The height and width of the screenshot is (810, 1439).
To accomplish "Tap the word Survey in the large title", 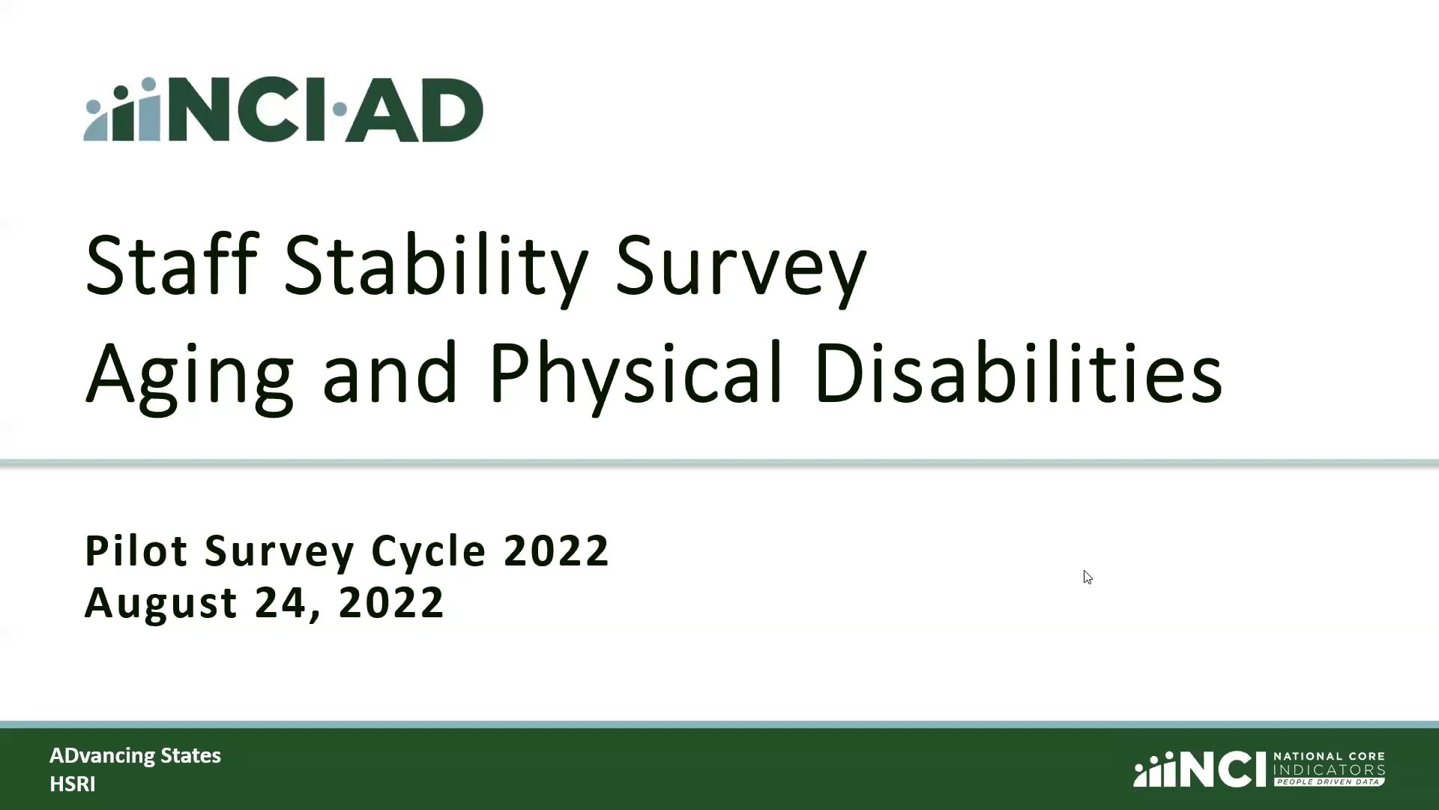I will [x=740, y=266].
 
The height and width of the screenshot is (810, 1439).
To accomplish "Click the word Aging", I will [x=189, y=375].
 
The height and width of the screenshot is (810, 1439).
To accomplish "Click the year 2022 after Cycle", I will [x=556, y=551].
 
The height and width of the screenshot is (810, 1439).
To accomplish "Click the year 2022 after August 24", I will [x=391, y=602].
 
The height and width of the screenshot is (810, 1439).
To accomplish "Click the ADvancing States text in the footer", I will [x=135, y=755].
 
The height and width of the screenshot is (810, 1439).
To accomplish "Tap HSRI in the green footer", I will [x=72, y=784].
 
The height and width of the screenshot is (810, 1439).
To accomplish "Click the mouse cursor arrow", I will [x=1087, y=576].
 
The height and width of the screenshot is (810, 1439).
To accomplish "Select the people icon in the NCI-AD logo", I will [x=124, y=110].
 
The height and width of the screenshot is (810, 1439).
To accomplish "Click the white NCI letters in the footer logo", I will [x=1222, y=769].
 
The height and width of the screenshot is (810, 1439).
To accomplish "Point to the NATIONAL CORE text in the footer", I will [x=1328, y=757].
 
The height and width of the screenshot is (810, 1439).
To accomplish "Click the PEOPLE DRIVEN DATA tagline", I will [x=1328, y=781].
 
